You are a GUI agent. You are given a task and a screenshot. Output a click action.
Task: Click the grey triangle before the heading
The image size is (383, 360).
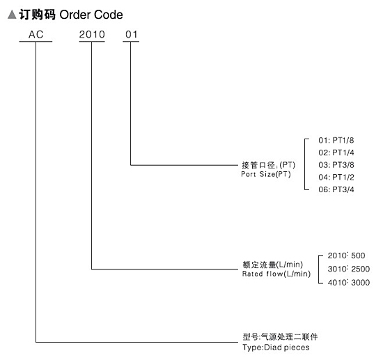click(12, 15)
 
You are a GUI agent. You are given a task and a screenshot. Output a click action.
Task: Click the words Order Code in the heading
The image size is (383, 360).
click(91, 15)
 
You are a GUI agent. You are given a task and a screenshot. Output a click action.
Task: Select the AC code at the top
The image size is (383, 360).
click(36, 34)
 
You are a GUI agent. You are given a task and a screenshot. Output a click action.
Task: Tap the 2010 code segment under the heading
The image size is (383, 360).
click(92, 34)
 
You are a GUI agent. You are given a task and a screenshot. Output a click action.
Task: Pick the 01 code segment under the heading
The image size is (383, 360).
click(132, 34)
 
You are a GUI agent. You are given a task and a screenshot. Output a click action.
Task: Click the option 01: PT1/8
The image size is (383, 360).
click(336, 140)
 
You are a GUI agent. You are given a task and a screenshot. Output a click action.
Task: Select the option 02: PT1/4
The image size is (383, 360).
click(336, 152)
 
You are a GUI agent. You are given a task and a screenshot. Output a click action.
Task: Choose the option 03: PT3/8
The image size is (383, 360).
click(336, 165)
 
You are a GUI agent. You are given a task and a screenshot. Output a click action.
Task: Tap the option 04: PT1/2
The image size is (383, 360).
click(336, 177)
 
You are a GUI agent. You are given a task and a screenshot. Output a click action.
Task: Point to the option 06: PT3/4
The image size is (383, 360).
click(336, 189)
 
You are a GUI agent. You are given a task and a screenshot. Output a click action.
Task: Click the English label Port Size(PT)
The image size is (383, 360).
click(266, 174)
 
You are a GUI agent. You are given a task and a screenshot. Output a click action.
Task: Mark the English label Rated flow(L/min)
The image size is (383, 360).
click(276, 274)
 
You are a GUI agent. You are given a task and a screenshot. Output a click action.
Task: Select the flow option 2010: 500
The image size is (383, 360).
click(346, 256)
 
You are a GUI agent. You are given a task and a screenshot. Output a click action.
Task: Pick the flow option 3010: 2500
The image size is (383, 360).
click(349, 269)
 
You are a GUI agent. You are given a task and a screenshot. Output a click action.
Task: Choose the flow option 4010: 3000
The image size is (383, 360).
click(349, 282)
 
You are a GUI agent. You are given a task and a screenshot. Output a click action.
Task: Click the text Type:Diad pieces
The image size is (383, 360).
click(276, 347)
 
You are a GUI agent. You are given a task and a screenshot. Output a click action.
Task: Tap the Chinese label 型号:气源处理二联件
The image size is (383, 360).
click(280, 337)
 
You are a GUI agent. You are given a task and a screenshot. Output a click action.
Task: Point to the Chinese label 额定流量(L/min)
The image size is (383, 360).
click(272, 265)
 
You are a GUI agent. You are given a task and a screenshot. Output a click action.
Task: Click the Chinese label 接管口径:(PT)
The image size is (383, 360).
click(268, 165)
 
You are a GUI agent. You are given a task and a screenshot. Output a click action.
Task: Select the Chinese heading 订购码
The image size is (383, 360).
click(38, 15)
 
